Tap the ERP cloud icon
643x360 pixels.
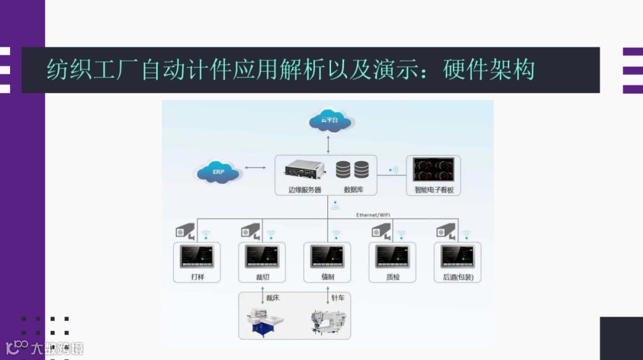tap(219, 172)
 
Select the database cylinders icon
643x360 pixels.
tap(352, 170)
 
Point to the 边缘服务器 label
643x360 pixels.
tap(304, 190)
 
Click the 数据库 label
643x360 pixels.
tap(353, 190)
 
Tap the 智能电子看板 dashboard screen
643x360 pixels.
tap(434, 170)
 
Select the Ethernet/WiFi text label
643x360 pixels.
tap(373, 214)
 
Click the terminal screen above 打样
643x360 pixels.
tap(197, 256)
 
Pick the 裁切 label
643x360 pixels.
tap(262, 277)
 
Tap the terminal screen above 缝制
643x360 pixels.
tap(327, 256)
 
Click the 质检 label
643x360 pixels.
tap(393, 277)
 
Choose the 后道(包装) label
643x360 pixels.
tap(458, 277)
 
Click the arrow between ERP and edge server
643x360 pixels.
tap(255, 168)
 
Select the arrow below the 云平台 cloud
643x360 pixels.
tap(328, 143)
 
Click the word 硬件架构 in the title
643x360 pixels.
tap(489, 70)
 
